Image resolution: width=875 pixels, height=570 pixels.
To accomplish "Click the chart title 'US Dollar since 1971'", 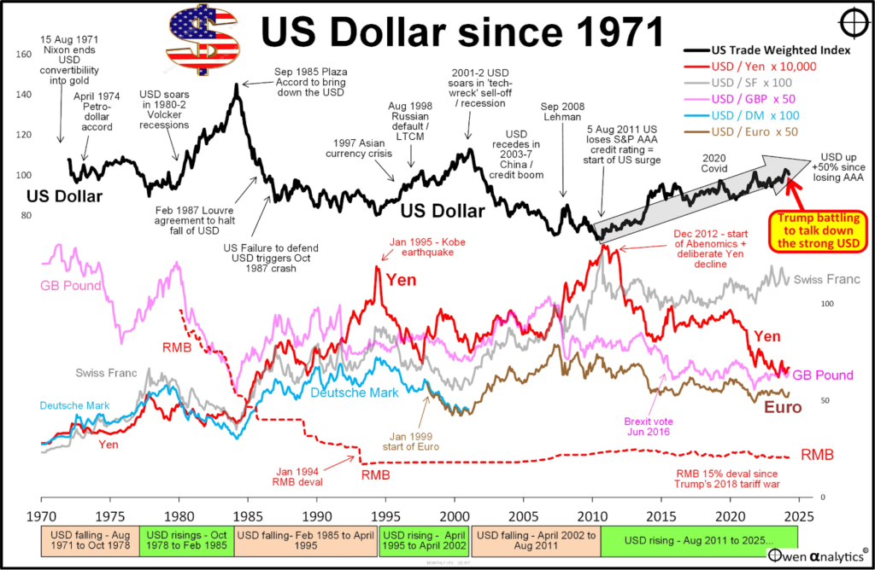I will click(461, 33).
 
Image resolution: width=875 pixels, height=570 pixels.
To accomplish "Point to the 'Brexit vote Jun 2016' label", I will click(646, 425).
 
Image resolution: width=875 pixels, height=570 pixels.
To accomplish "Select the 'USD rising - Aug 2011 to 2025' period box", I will click(698, 541).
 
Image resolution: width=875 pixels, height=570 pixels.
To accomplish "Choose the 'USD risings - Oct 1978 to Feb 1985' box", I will click(185, 541).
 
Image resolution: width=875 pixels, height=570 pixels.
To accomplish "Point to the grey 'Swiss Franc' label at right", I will click(826, 280).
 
